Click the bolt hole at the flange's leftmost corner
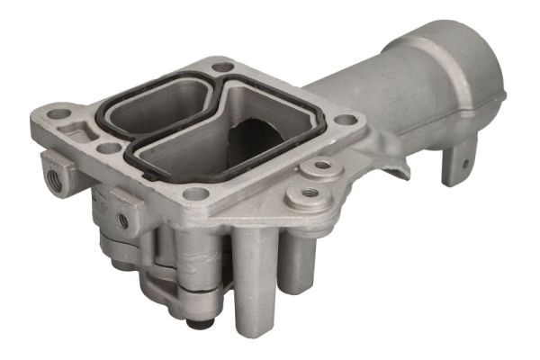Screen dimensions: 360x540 click(59, 114)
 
